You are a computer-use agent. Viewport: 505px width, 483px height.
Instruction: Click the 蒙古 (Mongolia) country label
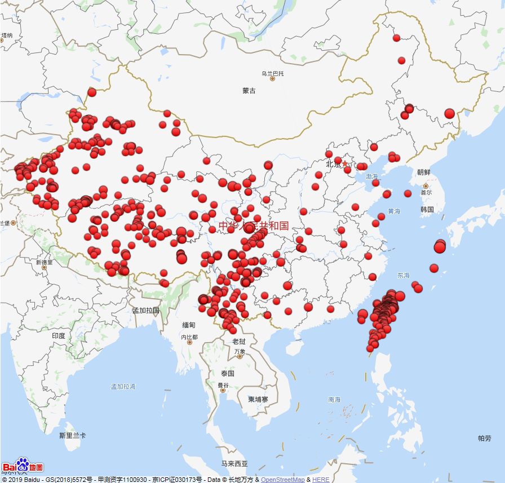(249, 90)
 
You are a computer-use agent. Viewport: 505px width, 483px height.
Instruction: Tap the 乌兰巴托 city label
(273, 74)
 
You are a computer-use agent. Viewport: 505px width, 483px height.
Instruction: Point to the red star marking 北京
(345, 163)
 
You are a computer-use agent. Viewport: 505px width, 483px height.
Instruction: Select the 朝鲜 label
(424, 172)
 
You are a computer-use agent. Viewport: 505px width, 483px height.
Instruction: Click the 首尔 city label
(426, 192)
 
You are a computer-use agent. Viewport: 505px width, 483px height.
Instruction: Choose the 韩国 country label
(427, 210)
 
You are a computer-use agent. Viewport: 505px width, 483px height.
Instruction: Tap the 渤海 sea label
(371, 176)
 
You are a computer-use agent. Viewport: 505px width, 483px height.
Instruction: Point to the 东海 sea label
(403, 276)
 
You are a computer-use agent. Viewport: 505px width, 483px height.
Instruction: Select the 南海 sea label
(334, 400)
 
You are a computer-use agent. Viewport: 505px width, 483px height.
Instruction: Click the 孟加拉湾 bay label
(123, 387)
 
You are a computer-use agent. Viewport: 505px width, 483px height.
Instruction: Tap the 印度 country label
(59, 335)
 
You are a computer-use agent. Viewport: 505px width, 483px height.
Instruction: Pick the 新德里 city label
(43, 262)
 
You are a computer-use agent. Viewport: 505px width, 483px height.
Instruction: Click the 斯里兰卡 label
(73, 436)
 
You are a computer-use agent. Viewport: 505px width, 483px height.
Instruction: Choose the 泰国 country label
(228, 374)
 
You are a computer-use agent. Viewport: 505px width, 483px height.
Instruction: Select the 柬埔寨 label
(259, 399)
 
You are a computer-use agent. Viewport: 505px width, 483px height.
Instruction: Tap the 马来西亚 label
(234, 464)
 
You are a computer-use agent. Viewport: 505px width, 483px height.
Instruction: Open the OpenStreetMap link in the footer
(282, 480)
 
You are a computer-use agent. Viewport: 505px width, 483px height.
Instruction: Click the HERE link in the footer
(321, 480)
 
